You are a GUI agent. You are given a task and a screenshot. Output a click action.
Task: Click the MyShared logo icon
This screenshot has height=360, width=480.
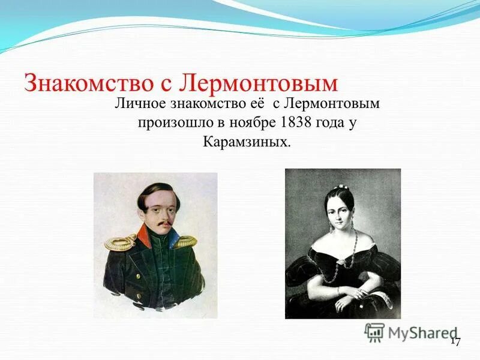pyautogui.click(x=374, y=332)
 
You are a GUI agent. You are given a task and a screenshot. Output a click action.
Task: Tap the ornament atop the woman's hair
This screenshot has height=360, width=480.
pyautogui.click(x=343, y=187)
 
